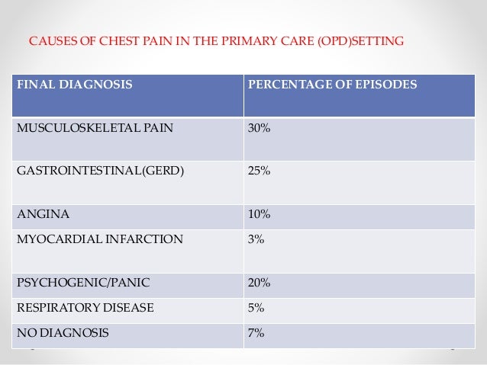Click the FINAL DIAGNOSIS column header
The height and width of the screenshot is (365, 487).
[x=75, y=85]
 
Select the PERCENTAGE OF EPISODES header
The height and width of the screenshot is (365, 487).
[x=332, y=85]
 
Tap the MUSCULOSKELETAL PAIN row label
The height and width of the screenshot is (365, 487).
[x=95, y=128]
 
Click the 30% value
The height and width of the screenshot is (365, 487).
[x=259, y=128]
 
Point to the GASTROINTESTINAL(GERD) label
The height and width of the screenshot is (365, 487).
[x=100, y=171]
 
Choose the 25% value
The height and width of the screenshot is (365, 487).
[x=259, y=171]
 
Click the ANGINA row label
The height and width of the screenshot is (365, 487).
[x=44, y=214]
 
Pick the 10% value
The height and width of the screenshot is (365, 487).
[x=259, y=214]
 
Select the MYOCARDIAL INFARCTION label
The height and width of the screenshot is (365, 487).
[x=100, y=239]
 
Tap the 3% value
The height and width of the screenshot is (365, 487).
[x=256, y=239]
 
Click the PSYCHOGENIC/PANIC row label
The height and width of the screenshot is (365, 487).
[x=83, y=283]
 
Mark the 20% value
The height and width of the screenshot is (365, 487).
[x=259, y=283]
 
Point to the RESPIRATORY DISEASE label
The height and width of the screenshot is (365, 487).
[x=85, y=308]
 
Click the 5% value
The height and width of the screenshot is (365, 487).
[x=256, y=308]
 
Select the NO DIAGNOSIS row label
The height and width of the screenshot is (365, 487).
[x=63, y=333]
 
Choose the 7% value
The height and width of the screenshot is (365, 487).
[x=256, y=333]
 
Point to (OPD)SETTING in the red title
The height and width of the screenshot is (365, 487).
[x=360, y=41]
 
